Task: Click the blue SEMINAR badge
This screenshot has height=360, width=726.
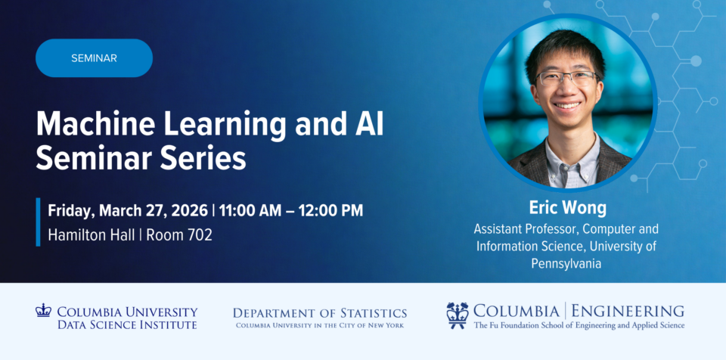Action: click(x=94, y=58)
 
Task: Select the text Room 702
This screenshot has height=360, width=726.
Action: click(x=179, y=234)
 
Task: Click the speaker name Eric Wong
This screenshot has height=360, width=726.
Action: click(x=567, y=208)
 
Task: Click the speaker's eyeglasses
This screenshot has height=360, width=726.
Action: click(x=567, y=77)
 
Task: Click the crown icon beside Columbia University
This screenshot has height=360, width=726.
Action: click(x=43, y=310)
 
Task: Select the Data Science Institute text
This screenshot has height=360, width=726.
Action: click(x=127, y=324)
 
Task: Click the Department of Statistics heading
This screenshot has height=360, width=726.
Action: click(x=319, y=312)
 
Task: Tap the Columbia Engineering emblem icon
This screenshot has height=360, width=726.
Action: click(x=457, y=315)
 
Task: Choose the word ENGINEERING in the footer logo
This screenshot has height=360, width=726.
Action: click(x=628, y=310)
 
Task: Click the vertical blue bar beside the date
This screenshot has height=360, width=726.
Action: click(x=38, y=222)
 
